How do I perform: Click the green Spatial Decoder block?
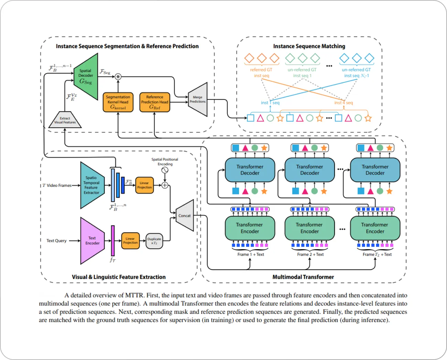[86, 76]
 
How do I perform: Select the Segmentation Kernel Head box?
[118, 102]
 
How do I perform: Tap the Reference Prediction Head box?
[155, 102]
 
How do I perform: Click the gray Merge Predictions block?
[198, 99]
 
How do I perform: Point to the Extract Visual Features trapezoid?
[65, 120]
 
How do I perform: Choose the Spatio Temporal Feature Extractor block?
[92, 185]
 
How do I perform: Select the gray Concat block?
[185, 216]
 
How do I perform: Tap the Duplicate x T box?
[154, 241]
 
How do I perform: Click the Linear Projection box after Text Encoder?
[130, 241]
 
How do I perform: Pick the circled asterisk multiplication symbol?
[118, 77]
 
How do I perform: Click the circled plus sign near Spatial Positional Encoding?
[165, 185]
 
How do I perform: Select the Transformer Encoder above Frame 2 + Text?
[309, 228]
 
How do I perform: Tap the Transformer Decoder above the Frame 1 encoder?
[250, 170]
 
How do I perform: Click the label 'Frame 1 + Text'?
[251, 254]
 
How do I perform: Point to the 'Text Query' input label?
[56, 241]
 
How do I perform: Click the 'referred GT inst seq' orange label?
[261, 73]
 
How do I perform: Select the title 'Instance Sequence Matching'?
[309, 46]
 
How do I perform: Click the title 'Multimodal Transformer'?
[303, 277]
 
